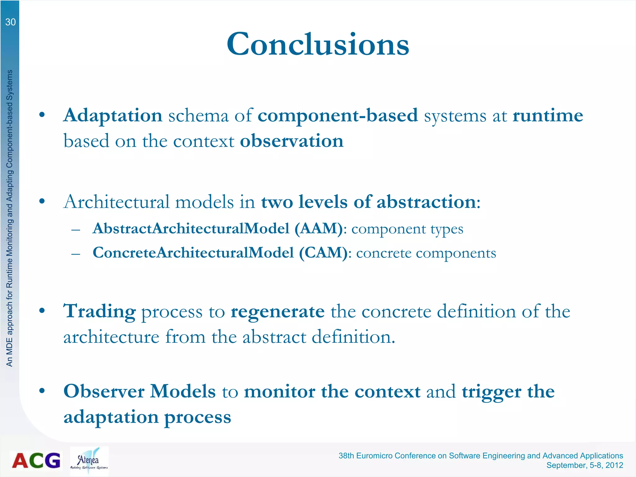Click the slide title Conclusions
(x=318, y=44)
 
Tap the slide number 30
(x=10, y=22)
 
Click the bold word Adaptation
(x=113, y=116)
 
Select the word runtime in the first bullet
(x=547, y=116)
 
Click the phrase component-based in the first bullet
(x=338, y=116)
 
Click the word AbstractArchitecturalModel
(x=191, y=229)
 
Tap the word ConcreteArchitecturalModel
(x=193, y=253)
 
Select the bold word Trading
(x=99, y=311)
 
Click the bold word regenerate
(x=277, y=311)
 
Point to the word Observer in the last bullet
(x=104, y=391)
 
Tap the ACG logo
(x=36, y=460)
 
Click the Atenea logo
(x=89, y=461)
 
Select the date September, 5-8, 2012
(x=584, y=465)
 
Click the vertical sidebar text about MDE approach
(x=10, y=217)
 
